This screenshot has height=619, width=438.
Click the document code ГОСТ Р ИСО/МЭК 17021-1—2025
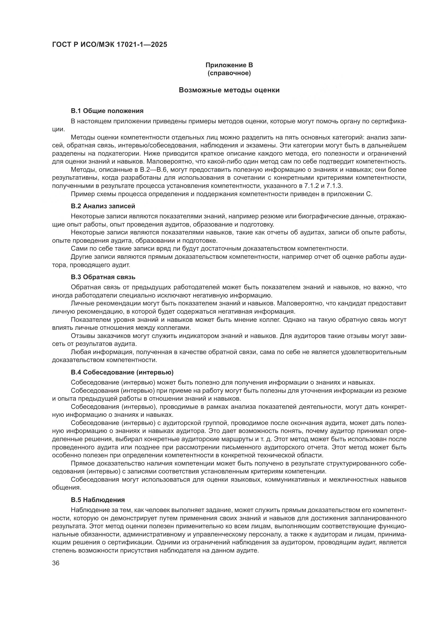pos(110,44)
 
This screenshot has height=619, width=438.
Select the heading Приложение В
pos(229,65)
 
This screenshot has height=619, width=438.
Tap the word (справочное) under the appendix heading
pos(229,73)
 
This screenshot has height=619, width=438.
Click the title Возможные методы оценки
pos(229,90)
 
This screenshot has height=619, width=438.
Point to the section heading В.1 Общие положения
pos(107,111)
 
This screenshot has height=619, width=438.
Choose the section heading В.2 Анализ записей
pos(103,206)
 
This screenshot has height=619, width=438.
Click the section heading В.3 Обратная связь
pos(103,277)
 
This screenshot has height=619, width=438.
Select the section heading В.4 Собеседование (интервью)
pos(122,372)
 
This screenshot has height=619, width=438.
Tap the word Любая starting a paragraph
pos(81,352)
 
